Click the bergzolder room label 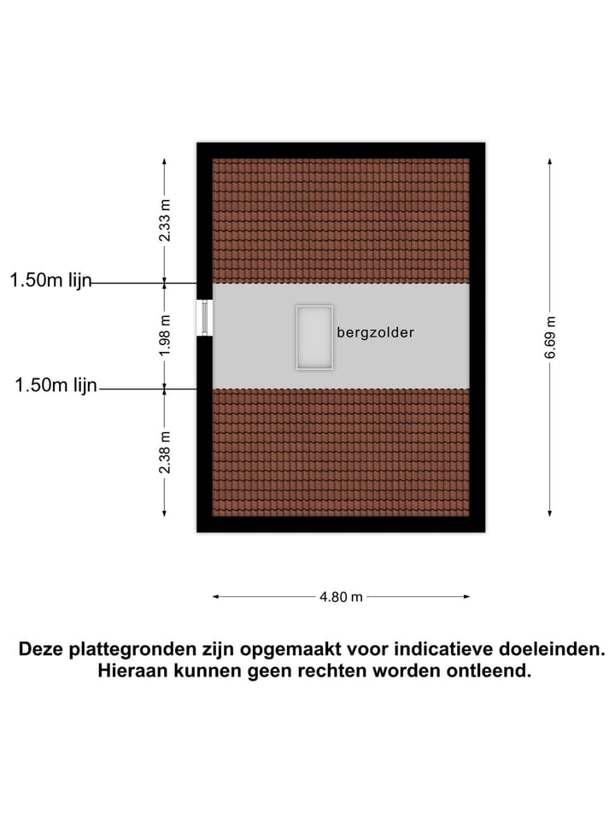[x=376, y=332]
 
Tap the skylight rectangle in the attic [x=314, y=337]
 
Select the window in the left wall [x=204, y=318]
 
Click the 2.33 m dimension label [x=165, y=220]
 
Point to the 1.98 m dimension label [x=165, y=335]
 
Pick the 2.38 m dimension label [x=165, y=453]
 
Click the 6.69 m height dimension [x=550, y=337]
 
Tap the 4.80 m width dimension [x=341, y=597]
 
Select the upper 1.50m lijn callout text [x=50, y=280]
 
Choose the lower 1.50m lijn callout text [x=56, y=385]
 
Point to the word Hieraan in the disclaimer [x=133, y=671]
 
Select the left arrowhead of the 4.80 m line [x=215, y=596]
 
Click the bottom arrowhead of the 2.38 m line [x=164, y=514]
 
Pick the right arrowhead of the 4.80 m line [x=467, y=596]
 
